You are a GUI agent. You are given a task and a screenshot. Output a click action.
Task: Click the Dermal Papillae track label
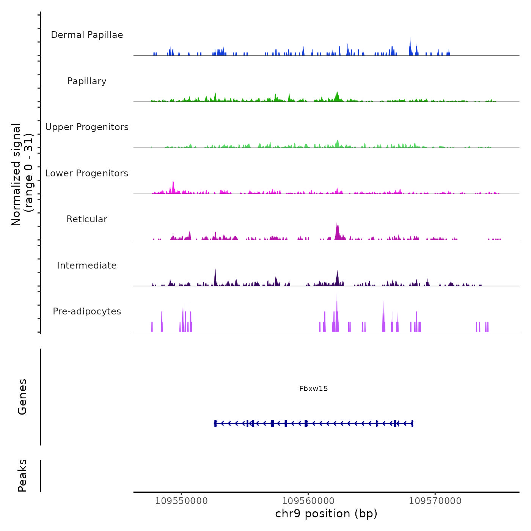pyautogui.click(x=87, y=35)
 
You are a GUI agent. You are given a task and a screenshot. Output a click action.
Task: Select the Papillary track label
pyautogui.click(x=87, y=81)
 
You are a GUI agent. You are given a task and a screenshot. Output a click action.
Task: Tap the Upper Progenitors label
pyautogui.click(x=87, y=127)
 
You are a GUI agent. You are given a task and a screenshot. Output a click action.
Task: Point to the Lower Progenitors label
pyautogui.click(x=87, y=173)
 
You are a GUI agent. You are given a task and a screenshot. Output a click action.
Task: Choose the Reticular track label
pyautogui.click(x=87, y=219)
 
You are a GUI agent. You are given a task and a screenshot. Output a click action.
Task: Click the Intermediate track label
pyautogui.click(x=87, y=265)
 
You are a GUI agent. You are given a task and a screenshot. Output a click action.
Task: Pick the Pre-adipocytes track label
pyautogui.click(x=87, y=311)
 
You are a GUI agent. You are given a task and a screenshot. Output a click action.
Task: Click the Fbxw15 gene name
pyautogui.click(x=313, y=388)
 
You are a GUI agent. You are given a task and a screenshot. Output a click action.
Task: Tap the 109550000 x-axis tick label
pyautogui.click(x=181, y=501)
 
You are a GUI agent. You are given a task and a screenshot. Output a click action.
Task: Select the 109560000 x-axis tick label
pyautogui.click(x=308, y=501)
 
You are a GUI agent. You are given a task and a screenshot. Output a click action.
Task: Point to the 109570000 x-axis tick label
pyautogui.click(x=435, y=501)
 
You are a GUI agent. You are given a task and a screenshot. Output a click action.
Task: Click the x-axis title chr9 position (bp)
pyautogui.click(x=326, y=514)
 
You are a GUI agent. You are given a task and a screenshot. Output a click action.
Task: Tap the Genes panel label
pyautogui.click(x=22, y=396)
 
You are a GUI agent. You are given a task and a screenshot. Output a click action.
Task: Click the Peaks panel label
pyautogui.click(x=22, y=476)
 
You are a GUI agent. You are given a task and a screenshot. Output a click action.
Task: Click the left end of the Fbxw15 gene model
pyautogui.click(x=215, y=423)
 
